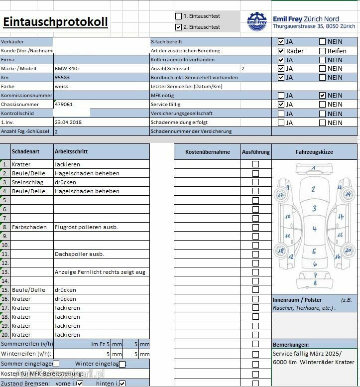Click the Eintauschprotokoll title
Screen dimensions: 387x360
55,22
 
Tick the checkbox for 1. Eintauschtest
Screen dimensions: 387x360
179,16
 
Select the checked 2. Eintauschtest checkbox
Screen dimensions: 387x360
179,27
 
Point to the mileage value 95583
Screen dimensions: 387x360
62,78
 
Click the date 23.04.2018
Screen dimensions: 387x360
69,123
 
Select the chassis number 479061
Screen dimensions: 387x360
64,105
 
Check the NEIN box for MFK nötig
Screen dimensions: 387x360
322,96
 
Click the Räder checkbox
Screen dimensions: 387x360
281,51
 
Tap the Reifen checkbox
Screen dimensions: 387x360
322,51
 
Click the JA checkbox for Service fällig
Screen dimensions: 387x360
281,105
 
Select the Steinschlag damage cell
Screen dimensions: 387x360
27,182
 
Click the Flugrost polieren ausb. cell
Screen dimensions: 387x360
86,227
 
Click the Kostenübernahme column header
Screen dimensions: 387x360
207,152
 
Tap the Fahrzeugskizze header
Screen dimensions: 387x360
314,152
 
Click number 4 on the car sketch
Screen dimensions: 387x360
314,229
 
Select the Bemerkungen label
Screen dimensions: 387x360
291,345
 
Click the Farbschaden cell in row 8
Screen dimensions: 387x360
29,227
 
